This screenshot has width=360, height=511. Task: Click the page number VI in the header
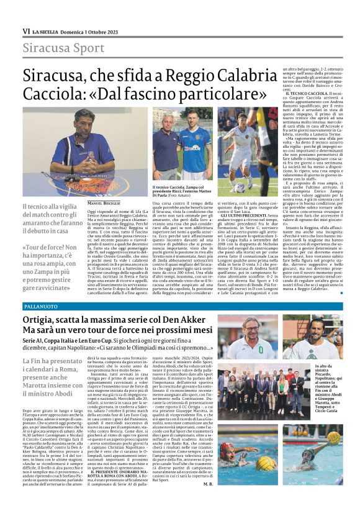click(x=26, y=31)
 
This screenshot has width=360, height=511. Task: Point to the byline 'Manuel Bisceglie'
click(x=102, y=204)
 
